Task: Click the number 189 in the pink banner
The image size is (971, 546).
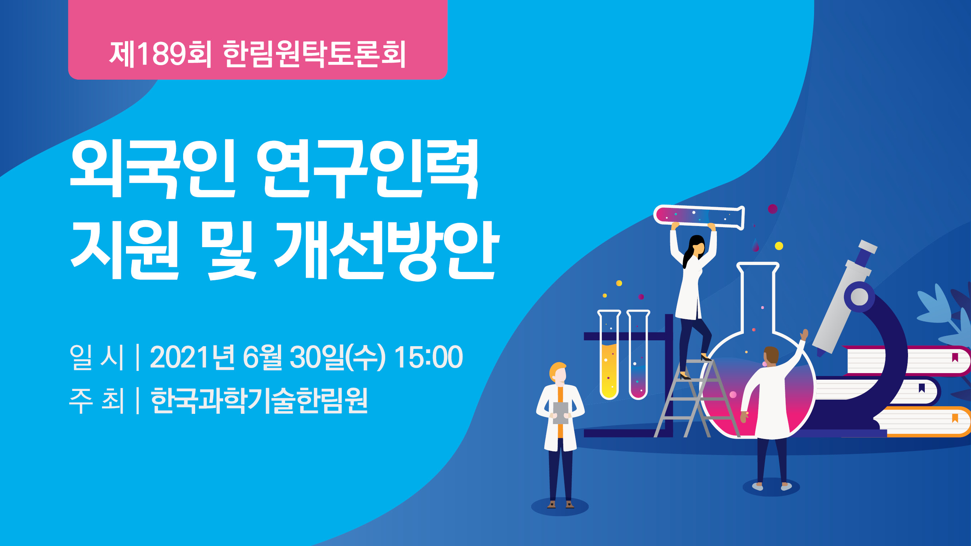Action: pos(162,54)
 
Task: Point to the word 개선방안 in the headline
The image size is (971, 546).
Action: pos(386,250)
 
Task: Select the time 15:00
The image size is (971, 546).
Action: pos(428,356)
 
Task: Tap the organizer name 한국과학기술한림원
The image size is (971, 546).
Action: pos(259,400)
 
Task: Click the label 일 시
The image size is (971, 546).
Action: pos(97,356)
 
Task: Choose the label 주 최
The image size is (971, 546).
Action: pos(97,400)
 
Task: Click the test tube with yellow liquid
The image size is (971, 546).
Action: pos(609,354)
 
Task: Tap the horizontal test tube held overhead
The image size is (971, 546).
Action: pos(699,217)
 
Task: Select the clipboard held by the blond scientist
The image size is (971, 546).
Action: pos(561,413)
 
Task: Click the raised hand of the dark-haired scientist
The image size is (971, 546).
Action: pos(804,334)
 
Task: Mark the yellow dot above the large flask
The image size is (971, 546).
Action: pos(779,246)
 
